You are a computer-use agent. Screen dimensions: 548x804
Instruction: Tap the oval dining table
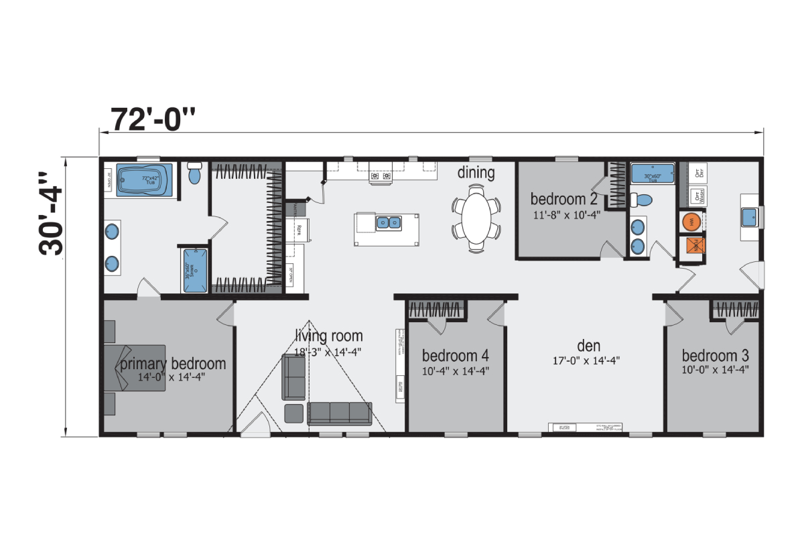click(x=476, y=218)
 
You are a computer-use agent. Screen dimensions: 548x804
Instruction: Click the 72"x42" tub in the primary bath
click(x=145, y=180)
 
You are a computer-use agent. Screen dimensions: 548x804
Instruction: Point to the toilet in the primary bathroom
click(x=195, y=173)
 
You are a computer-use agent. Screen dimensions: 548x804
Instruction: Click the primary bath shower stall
click(x=195, y=271)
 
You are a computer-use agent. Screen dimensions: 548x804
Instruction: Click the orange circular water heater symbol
click(x=691, y=221)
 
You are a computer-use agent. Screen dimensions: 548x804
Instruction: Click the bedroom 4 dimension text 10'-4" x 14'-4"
click(x=455, y=370)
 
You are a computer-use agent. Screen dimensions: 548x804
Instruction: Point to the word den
click(x=588, y=346)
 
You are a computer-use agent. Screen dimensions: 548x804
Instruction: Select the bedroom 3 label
click(x=715, y=356)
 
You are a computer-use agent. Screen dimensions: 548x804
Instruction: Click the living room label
click(x=328, y=336)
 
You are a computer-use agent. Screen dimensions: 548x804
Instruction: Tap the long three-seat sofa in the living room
click(x=339, y=413)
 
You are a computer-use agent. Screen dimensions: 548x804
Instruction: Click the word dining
click(x=476, y=173)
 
